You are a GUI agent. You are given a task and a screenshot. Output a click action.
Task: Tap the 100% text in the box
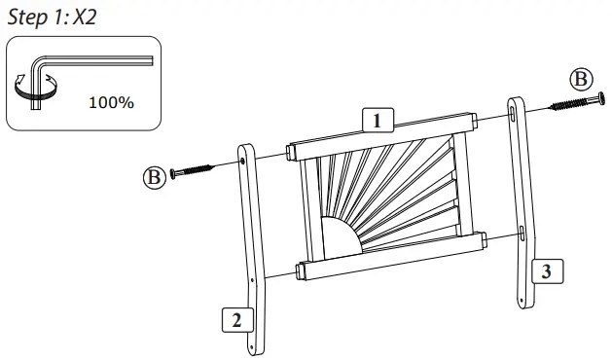point(111,102)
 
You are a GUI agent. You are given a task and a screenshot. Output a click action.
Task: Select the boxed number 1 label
point(376,121)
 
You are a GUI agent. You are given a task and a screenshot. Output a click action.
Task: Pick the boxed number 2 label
point(234,319)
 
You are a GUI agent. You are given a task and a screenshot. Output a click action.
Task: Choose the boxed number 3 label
point(547,271)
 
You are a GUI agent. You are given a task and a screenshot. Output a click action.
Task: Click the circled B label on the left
point(153,176)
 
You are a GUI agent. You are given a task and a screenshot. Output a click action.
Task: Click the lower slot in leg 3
point(522,234)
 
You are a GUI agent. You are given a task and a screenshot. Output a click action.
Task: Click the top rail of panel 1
point(379,138)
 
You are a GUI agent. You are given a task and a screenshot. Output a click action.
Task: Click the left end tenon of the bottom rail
point(303,270)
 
